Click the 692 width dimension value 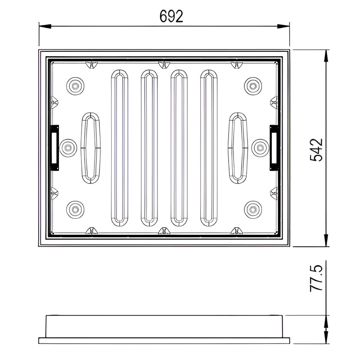tap(171, 16)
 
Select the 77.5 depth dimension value tap(316, 279)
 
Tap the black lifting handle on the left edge tap(54, 148)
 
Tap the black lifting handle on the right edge tap(274, 148)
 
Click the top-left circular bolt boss tap(75, 85)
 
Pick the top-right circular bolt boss tap(253, 85)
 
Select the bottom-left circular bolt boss tap(75, 209)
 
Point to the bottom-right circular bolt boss tap(253, 209)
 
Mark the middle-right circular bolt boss tap(260, 147)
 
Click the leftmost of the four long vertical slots tap(119, 147)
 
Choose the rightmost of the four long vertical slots tap(209, 147)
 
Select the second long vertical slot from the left tap(149, 147)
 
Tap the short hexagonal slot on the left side tap(90, 148)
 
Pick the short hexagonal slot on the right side tap(238, 148)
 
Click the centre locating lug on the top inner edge tap(164, 64)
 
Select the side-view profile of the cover tap(164, 329)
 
